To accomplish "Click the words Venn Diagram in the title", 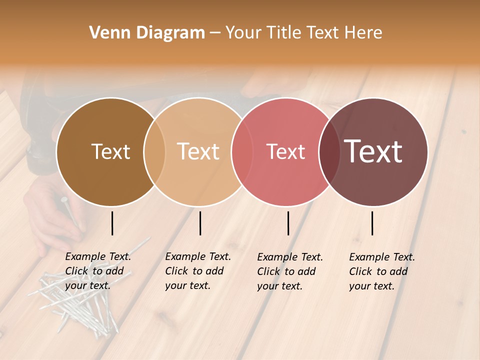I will (x=147, y=33).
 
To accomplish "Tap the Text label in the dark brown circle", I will (x=110, y=151).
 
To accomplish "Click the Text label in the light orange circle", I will (x=198, y=151).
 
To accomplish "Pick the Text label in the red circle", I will (x=285, y=151).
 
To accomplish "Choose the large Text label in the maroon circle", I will (x=373, y=151).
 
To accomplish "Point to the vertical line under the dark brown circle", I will (x=112, y=223).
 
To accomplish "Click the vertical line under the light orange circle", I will (x=200, y=223).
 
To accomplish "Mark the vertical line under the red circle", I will (x=288, y=223).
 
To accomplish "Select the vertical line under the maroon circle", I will (x=372, y=223).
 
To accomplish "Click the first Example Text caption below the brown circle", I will (x=97, y=271).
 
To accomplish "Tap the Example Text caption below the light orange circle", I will (x=197, y=271).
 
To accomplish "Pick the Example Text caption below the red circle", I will (x=289, y=271).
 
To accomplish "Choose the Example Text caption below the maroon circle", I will (x=381, y=271).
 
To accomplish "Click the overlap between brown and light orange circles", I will (x=154, y=151).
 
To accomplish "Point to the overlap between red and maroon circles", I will (x=329, y=151).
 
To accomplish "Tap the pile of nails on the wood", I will (x=75, y=300).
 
